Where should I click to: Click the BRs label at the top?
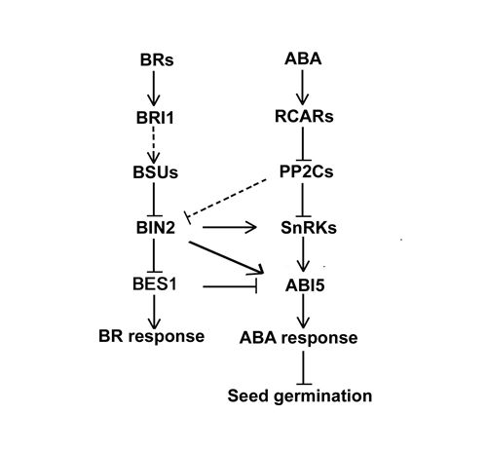point(157,60)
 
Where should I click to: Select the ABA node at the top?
point(303,58)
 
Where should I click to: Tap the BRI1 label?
point(155,118)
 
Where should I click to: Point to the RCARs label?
point(304,116)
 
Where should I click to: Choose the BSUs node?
point(156,172)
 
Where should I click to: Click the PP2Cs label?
point(306,171)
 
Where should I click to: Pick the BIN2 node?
point(156,227)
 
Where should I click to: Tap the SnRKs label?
point(309,228)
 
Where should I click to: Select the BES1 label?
point(155,283)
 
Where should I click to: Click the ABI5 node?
point(305,285)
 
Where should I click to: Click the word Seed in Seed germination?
point(248,395)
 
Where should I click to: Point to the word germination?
point(323,396)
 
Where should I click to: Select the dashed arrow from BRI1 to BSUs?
point(154,145)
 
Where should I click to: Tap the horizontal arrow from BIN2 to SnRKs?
point(230,227)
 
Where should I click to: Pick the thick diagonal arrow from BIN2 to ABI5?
point(226,257)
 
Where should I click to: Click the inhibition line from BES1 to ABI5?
point(230,286)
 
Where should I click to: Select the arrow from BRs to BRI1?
point(154,89)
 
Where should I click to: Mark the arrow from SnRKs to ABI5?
point(303,254)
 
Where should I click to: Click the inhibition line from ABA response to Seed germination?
point(303,368)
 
